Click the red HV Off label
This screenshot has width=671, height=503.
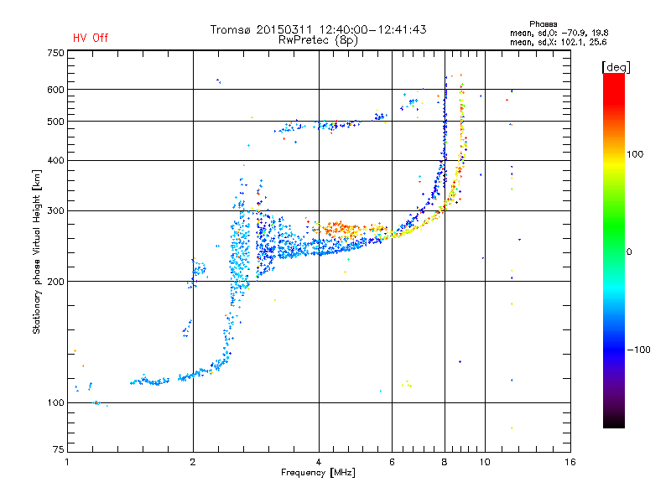pyautogui.click(x=91, y=38)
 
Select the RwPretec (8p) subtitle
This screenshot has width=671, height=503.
pyautogui.click(x=318, y=40)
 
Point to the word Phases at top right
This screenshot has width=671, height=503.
pyautogui.click(x=543, y=24)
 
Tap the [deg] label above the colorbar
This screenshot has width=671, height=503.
pyautogui.click(x=616, y=67)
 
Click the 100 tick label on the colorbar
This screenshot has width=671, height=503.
pyautogui.click(x=635, y=154)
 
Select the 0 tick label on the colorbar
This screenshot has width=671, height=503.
pyautogui.click(x=629, y=252)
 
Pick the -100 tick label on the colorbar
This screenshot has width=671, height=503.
pyautogui.click(x=638, y=350)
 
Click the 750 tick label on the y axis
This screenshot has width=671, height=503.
pyautogui.click(x=56, y=53)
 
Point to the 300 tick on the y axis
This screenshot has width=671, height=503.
pyautogui.click(x=56, y=211)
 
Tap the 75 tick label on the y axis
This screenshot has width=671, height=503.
pyautogui.click(x=59, y=449)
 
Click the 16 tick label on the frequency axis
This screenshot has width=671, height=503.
pyautogui.click(x=570, y=462)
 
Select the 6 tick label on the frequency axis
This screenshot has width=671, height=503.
pyautogui.click(x=392, y=462)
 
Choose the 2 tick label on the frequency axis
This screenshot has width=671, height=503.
pyautogui.click(x=193, y=462)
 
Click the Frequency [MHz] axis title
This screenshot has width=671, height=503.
pyautogui.click(x=318, y=473)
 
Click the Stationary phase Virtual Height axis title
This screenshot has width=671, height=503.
pyautogui.click(x=36, y=251)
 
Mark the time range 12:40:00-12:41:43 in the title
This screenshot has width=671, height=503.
pyautogui.click(x=372, y=29)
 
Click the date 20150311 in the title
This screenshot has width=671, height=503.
pyautogui.click(x=284, y=29)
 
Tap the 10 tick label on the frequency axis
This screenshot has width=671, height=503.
pyautogui.click(x=485, y=462)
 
